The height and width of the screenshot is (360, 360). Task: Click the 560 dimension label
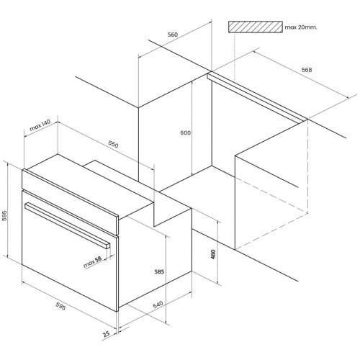[173, 35]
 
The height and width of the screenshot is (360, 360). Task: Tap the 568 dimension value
[307, 70]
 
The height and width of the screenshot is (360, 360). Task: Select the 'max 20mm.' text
[301, 27]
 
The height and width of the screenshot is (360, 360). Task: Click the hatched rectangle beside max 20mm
[256, 27]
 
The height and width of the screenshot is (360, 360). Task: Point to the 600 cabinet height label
[186, 132]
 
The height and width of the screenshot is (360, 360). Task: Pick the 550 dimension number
[113, 144]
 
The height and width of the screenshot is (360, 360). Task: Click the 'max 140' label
[40, 125]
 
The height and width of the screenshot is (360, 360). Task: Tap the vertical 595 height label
[4, 215]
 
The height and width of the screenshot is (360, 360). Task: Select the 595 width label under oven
[60, 306]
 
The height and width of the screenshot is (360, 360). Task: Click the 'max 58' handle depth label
[92, 262]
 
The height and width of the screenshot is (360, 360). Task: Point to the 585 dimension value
[159, 271]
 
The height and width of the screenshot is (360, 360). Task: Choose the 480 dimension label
[213, 254]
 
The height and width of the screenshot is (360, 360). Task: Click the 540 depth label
[158, 305]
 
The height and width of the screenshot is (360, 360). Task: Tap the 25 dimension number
[106, 334]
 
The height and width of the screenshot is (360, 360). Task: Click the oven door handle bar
[67, 225]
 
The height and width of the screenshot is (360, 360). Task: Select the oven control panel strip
[70, 202]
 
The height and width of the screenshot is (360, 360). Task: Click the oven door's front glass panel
[70, 251]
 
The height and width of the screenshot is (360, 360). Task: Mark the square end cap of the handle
[108, 246]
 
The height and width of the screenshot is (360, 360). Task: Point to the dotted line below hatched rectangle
[234, 57]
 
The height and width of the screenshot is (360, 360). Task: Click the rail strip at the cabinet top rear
[257, 98]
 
